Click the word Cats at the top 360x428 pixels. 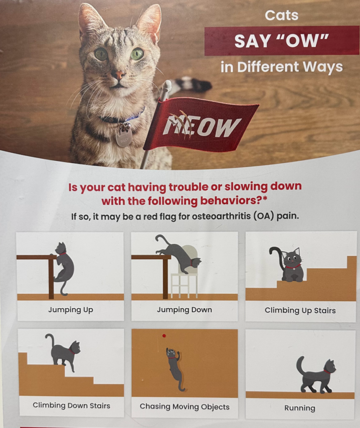[x=282, y=15]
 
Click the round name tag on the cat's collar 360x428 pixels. [x=123, y=138]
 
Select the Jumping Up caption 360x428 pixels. [x=71, y=310]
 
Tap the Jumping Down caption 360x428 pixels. [x=184, y=310]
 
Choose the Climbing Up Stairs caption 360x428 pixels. [x=300, y=311]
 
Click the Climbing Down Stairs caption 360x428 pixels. [x=71, y=405]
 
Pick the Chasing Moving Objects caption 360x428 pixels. [x=185, y=407]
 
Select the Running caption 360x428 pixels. [x=300, y=408]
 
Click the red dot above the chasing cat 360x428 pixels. [x=164, y=336]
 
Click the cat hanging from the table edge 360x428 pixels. [x=64, y=269]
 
